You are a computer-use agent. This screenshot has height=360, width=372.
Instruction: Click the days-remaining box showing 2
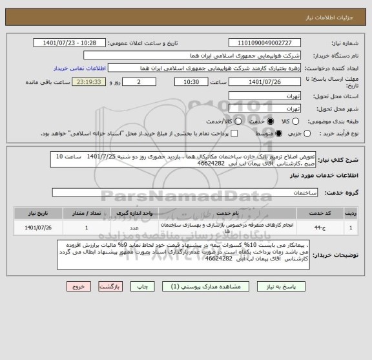141,82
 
